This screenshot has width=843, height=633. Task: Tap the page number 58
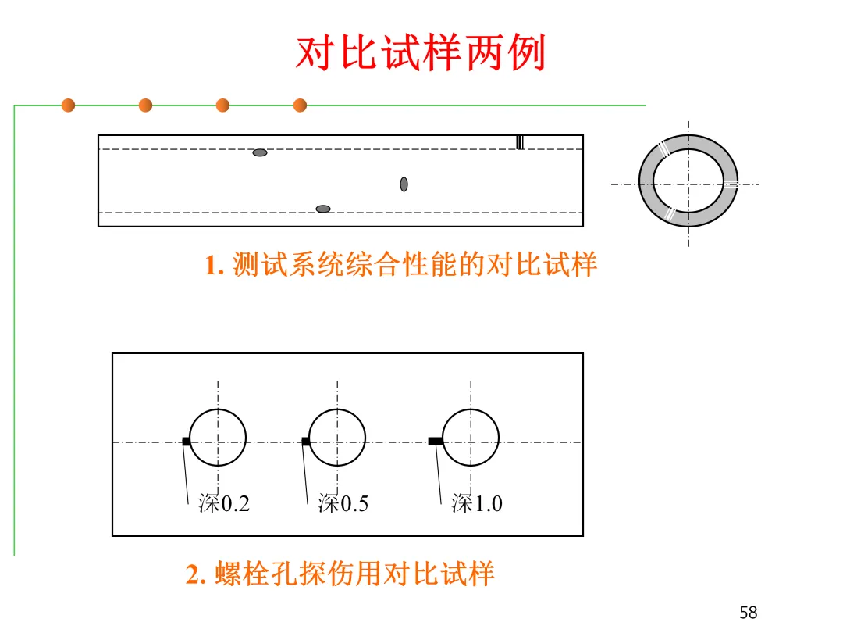pyautogui.click(x=748, y=613)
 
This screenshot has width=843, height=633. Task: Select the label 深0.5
pyautogui.click(x=343, y=504)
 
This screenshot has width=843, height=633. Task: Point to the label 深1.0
pyautogui.click(x=477, y=504)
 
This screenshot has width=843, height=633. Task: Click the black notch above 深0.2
pyautogui.click(x=186, y=442)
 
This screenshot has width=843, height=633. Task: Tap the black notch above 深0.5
pyautogui.click(x=305, y=442)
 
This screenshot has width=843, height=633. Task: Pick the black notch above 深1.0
pyautogui.click(x=436, y=442)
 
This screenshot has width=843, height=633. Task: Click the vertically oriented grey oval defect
pyautogui.click(x=404, y=184)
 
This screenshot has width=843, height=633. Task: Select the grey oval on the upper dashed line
pyautogui.click(x=260, y=152)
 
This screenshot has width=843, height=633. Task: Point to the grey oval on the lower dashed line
pyautogui.click(x=323, y=209)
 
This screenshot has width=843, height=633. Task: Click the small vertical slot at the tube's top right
pyautogui.click(x=520, y=142)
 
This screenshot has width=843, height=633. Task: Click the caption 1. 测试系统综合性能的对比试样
pyautogui.click(x=401, y=266)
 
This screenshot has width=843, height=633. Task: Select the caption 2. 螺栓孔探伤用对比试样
pyautogui.click(x=340, y=574)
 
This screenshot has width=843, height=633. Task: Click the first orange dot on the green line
pyautogui.click(x=68, y=105)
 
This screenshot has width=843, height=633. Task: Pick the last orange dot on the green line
pyautogui.click(x=300, y=105)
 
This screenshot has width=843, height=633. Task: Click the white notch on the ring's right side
pyautogui.click(x=730, y=184)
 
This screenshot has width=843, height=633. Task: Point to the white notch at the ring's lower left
pyautogui.click(x=669, y=213)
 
